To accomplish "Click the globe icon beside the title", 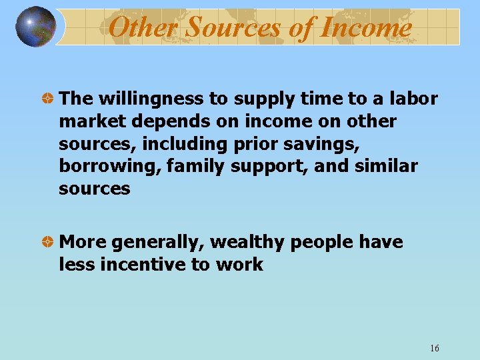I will click(x=35, y=27).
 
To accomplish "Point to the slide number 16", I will click(x=435, y=349).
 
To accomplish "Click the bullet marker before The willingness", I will click(x=48, y=99).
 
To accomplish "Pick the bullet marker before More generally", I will click(x=48, y=242).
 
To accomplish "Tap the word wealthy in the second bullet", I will click(x=248, y=242).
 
